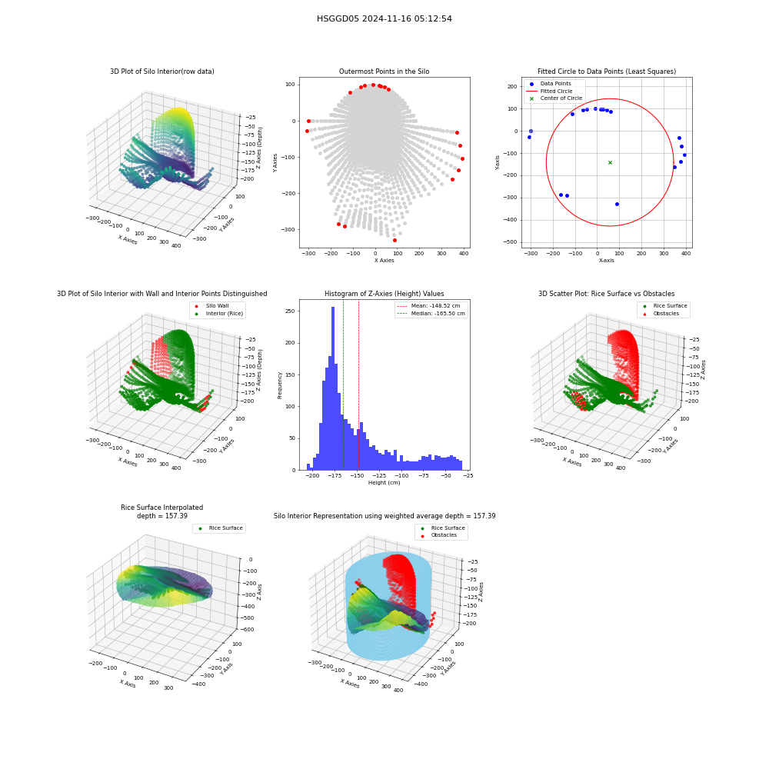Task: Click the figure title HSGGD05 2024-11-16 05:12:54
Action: (x=384, y=18)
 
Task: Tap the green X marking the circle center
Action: (x=610, y=162)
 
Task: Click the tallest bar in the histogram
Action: (x=332, y=388)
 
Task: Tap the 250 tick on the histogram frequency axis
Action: (x=290, y=311)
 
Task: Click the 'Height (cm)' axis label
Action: (x=384, y=483)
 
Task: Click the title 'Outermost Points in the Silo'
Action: (x=384, y=72)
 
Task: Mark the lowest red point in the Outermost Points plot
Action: (x=394, y=240)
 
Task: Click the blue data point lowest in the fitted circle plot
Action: (x=617, y=204)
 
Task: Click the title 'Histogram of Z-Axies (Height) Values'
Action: (x=384, y=294)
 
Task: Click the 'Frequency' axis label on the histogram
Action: (x=280, y=385)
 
